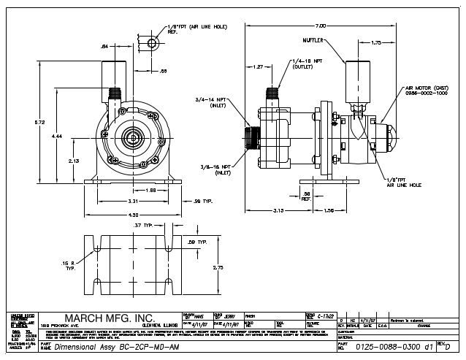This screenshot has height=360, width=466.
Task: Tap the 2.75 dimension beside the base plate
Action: pyautogui.click(x=218, y=268)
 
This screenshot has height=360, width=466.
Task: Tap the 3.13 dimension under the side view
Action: pyautogui.click(x=278, y=211)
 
